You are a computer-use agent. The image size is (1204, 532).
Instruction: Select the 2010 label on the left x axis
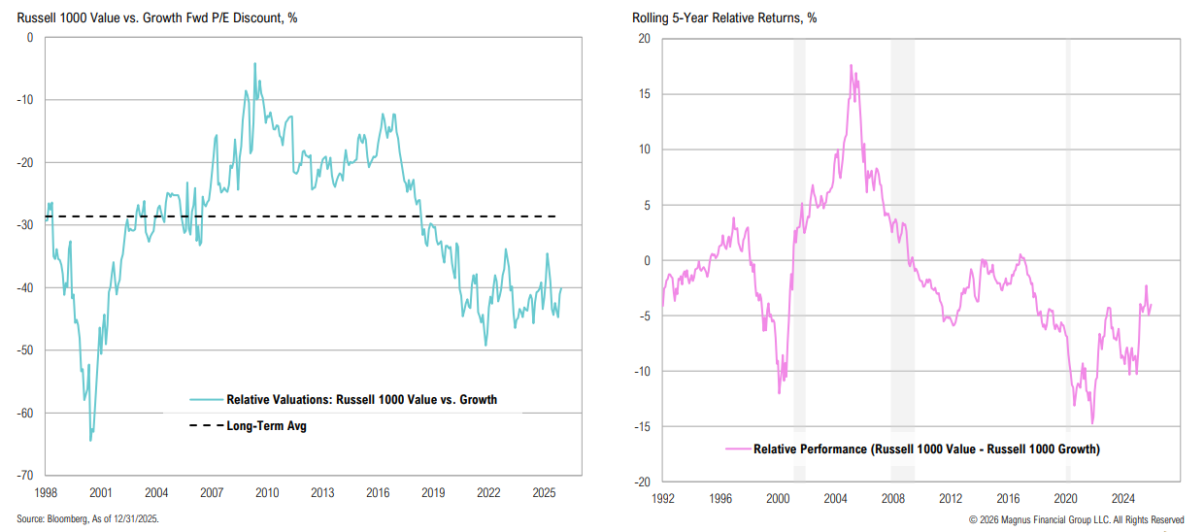(267, 493)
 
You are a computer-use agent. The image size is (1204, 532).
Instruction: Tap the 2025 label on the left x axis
(544, 493)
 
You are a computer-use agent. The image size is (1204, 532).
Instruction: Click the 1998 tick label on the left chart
(46, 493)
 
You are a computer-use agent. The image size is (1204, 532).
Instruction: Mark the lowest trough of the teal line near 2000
(90, 440)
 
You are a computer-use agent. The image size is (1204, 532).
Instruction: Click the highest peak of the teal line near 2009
(254, 64)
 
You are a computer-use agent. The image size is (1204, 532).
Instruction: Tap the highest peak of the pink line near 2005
(851, 66)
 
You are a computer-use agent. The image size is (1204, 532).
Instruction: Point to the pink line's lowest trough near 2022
(1092, 422)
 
